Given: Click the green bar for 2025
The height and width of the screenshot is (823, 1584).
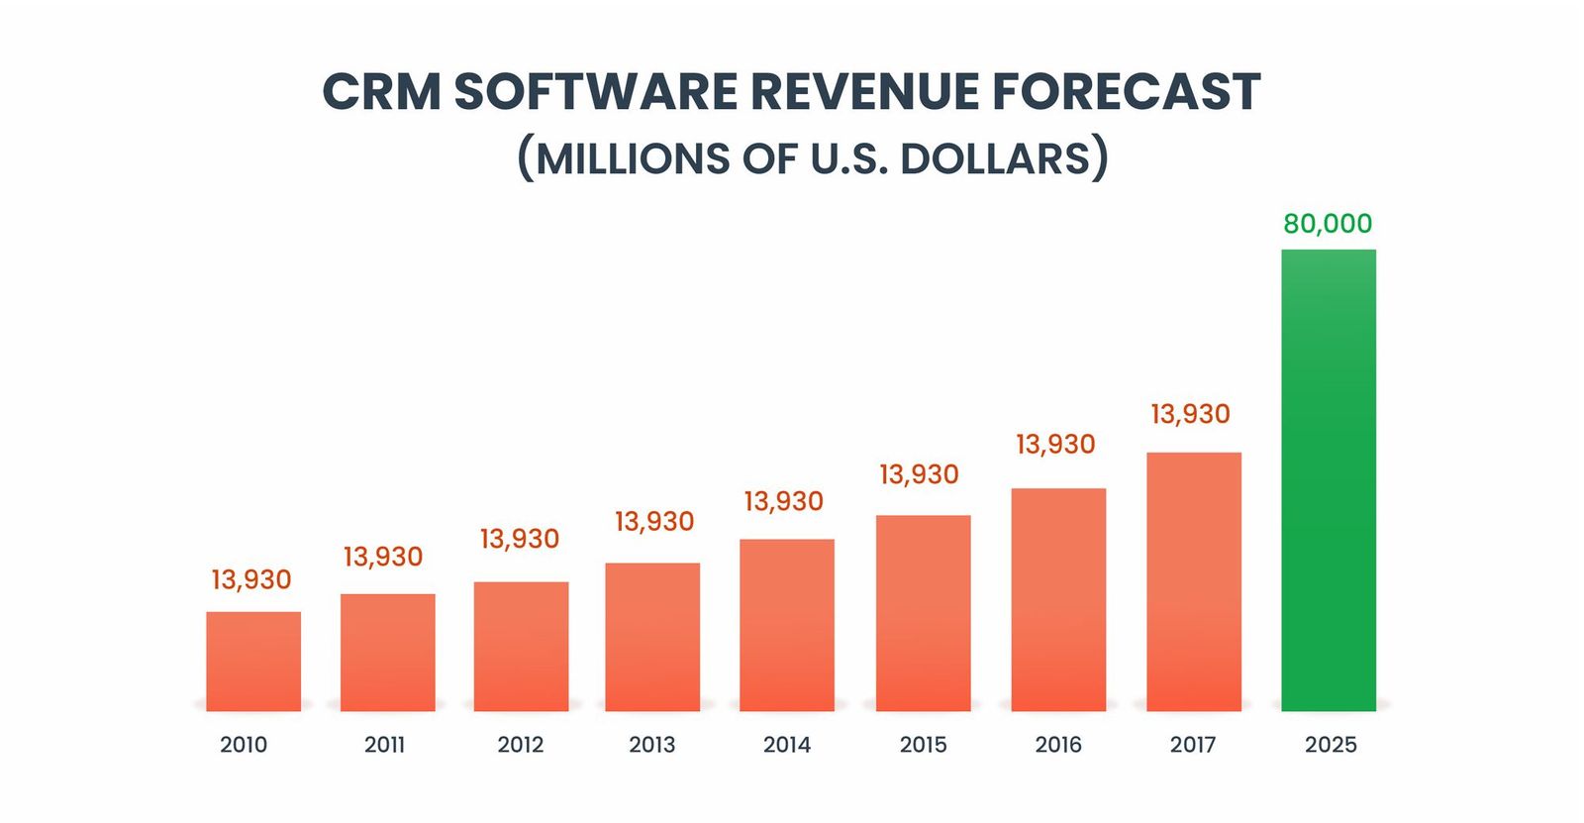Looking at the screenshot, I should pyautogui.click(x=1328, y=480).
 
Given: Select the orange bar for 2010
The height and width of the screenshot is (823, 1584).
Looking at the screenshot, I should pyautogui.click(x=253, y=662).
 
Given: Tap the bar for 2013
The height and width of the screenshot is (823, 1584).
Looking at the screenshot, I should pyautogui.click(x=652, y=637).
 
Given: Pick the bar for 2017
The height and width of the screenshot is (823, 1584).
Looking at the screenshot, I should pyautogui.click(x=1193, y=581).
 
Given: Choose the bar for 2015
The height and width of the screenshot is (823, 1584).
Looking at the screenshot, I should pyautogui.click(x=923, y=613).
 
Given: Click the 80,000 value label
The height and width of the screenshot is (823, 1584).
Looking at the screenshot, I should pyautogui.click(x=1328, y=224).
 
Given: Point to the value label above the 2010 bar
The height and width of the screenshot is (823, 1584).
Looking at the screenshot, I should pyautogui.click(x=251, y=579).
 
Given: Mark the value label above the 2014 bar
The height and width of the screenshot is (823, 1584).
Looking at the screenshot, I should pyautogui.click(x=783, y=502).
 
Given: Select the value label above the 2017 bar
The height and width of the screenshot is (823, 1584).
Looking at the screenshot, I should pyautogui.click(x=1190, y=414).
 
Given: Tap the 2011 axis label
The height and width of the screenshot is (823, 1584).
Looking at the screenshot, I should pyautogui.click(x=384, y=745).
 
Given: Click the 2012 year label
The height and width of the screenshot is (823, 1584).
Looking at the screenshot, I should pyautogui.click(x=521, y=745).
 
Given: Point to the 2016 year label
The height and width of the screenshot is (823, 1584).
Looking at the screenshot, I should pyautogui.click(x=1058, y=745).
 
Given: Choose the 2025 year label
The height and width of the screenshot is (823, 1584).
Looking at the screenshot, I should pyautogui.click(x=1330, y=745).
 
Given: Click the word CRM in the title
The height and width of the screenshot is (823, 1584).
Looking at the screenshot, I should pyautogui.click(x=381, y=92).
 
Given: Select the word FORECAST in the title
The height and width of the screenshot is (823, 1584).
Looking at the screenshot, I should pyautogui.click(x=1126, y=92).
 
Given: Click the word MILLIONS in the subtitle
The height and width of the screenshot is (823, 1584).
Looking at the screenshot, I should pyautogui.click(x=632, y=159).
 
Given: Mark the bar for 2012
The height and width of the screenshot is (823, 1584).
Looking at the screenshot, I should pyautogui.click(x=521, y=646).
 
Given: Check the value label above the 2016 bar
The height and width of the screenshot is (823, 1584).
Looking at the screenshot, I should pyautogui.click(x=1055, y=445).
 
